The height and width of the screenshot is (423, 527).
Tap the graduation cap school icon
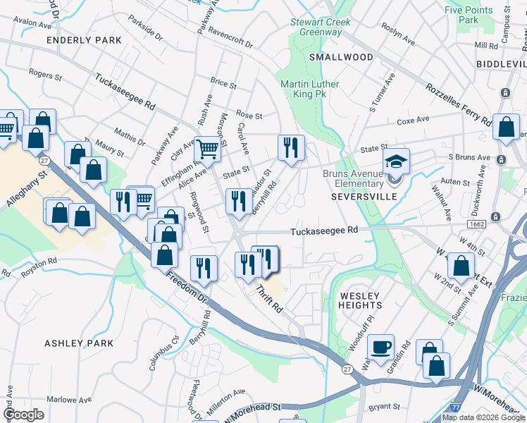click(x=397, y=161)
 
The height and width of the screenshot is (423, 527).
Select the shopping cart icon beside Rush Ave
click(x=207, y=149)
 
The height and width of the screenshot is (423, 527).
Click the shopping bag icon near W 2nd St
click(x=461, y=267)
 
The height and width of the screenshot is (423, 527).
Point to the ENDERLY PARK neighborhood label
click(x=84, y=41)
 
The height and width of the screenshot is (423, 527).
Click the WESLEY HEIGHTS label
click(x=360, y=300)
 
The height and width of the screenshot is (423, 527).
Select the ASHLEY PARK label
click(x=79, y=343)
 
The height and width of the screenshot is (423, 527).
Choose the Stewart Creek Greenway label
click(x=321, y=27)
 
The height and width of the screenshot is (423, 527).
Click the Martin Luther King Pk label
click(x=310, y=90)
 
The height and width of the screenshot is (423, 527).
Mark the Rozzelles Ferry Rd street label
click(x=458, y=103)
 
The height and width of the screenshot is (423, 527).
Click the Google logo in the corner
click(x=24, y=415)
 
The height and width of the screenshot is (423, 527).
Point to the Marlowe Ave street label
click(x=75, y=400)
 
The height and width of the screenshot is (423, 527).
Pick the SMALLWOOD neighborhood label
click(x=340, y=57)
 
